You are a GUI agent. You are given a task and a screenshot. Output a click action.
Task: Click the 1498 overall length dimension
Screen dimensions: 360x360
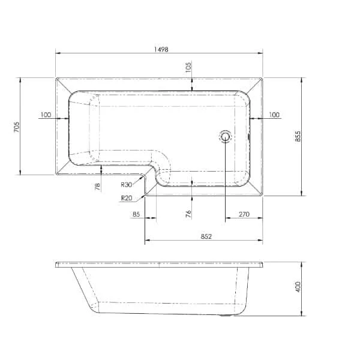tap(159, 47)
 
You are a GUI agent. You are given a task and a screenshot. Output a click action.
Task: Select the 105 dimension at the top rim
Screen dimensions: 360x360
tap(188, 67)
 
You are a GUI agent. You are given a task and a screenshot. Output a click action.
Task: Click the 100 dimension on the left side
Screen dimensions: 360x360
tap(46, 115)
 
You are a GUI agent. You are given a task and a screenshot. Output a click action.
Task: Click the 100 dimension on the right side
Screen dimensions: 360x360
tap(274, 115)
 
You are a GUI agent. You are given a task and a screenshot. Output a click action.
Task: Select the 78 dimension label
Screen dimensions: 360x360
tap(97, 187)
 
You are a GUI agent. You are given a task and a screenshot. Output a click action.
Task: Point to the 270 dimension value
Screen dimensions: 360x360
tap(244, 214)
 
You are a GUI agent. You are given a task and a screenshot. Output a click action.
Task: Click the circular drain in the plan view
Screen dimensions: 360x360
tap(226, 136)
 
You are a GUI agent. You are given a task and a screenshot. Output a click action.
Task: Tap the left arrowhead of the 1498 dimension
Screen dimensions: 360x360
tap(58, 53)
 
